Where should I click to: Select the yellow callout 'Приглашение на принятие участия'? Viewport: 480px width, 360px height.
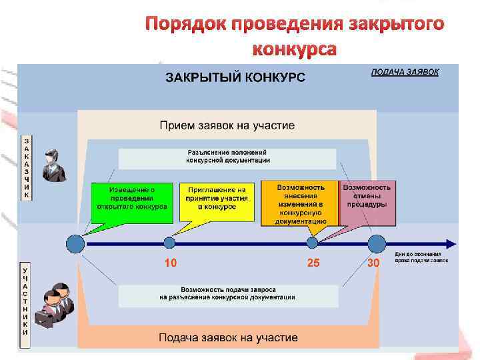(217, 198)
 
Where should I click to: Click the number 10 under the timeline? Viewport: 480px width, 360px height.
(171, 263)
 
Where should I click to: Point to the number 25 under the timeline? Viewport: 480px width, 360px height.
(313, 263)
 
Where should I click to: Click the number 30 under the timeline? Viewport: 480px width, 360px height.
(374, 263)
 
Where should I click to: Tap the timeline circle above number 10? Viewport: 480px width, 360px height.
(170, 243)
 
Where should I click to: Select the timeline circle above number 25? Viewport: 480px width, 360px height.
(312, 243)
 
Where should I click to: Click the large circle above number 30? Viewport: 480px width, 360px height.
(377, 243)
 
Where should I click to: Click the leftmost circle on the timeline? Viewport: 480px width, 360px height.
(75, 243)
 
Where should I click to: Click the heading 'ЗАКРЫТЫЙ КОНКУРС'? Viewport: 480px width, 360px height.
(235, 77)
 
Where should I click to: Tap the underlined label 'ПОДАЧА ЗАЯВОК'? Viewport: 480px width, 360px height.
(405, 72)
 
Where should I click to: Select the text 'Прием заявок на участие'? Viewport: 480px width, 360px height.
(227, 125)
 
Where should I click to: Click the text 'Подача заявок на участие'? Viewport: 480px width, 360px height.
(227, 338)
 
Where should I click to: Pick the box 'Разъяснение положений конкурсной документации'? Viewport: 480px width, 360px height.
(227, 157)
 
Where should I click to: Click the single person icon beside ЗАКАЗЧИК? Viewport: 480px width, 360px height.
(52, 165)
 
